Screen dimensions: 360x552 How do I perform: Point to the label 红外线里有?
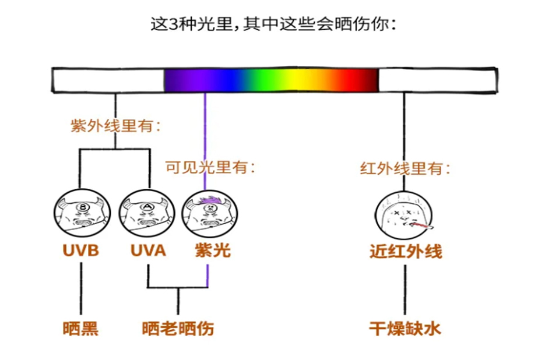[405, 169]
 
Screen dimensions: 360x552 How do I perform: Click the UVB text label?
[80, 250]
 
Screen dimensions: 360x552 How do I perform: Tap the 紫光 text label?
[213, 250]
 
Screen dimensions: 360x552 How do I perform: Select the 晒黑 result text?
[80, 329]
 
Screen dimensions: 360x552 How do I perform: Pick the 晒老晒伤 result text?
[178, 329]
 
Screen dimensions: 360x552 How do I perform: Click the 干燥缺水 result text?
[405, 329]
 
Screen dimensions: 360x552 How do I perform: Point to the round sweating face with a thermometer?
[402, 214]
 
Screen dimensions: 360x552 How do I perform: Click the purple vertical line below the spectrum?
[205, 140]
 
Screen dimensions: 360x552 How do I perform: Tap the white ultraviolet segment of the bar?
[108, 80]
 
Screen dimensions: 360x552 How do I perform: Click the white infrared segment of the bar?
[437, 80]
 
